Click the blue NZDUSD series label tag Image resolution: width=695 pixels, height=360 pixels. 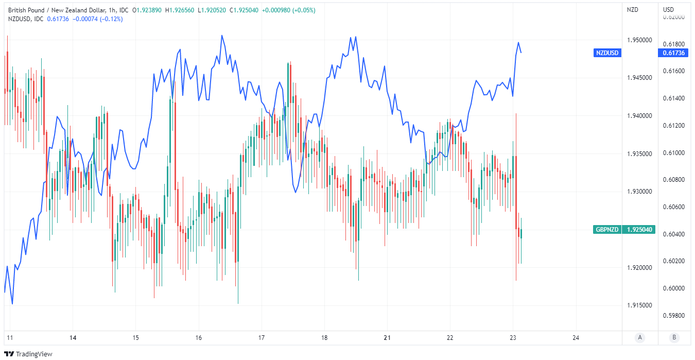[607, 53]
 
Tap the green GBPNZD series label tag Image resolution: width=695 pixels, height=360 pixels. [607, 230]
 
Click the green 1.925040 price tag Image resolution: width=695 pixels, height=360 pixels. [640, 230]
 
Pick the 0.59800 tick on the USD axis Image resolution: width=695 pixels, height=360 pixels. [674, 315]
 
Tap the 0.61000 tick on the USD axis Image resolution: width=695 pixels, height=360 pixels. [674, 153]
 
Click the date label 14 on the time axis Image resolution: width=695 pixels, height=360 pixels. [73, 338]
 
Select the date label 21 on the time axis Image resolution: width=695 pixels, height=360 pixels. [388, 338]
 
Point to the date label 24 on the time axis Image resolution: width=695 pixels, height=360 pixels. [576, 338]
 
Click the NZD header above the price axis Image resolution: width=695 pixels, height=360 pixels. [632, 10]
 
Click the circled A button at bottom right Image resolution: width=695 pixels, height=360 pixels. [640, 338]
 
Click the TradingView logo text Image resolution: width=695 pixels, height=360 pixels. [34, 354]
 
